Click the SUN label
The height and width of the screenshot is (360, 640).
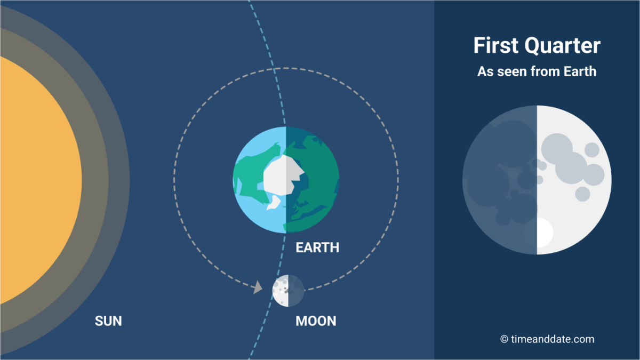tap(108, 321)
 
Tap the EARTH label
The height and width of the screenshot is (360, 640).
tap(317, 248)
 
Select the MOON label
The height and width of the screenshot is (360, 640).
tap(316, 321)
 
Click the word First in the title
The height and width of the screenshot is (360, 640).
tap(496, 46)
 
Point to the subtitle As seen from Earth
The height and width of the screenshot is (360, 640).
tap(537, 71)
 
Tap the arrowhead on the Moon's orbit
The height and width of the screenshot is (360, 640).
tap(258, 288)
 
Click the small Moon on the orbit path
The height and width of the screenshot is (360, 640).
tap(288, 291)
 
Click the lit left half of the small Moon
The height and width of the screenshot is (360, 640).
tap(280, 291)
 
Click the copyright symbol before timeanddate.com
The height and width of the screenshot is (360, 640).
tap(503, 339)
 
